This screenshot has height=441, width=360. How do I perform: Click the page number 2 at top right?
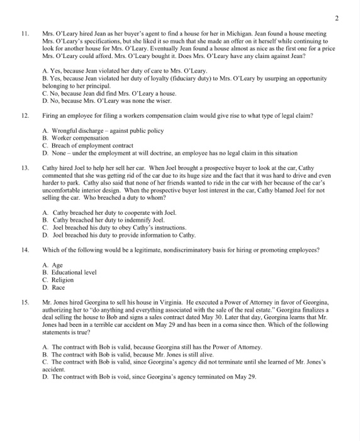coord(337,19)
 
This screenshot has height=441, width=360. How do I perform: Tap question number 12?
coord(25,117)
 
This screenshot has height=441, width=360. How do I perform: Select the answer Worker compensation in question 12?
coord(79,138)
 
